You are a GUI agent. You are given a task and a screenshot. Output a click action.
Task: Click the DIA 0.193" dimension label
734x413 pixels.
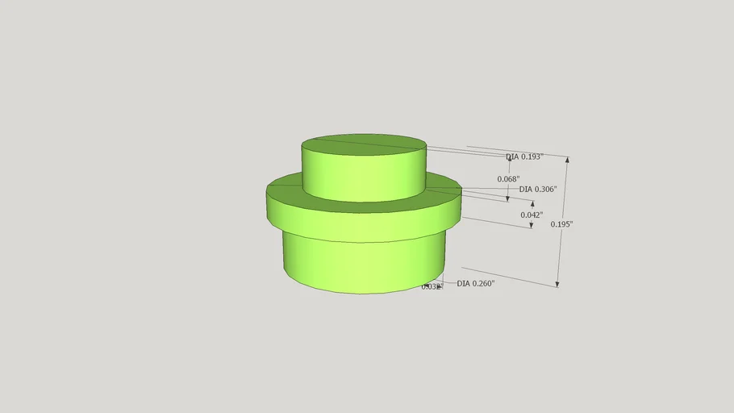coord(524,156)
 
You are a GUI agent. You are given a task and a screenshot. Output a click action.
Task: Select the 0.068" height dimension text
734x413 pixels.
coord(508,179)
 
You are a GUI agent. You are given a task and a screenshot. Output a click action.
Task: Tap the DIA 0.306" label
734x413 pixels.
coord(537,190)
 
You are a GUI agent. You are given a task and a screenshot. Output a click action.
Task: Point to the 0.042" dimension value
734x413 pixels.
coord(531,215)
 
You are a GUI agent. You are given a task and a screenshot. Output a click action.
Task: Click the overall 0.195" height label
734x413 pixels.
coord(561,224)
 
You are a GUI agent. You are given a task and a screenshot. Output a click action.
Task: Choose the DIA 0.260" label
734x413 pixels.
coord(475,284)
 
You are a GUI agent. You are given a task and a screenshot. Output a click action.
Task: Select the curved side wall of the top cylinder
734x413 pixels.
coord(363,179)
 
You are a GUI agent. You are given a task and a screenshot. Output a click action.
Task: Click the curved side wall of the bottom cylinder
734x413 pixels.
coord(363,266)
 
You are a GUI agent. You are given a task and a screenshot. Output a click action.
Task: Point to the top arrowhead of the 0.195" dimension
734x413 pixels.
coord(568,160)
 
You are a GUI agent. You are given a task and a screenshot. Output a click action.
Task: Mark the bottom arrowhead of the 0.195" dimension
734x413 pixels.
coord(557,283)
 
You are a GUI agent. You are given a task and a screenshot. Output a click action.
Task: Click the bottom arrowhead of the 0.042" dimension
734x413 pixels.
coord(532,225)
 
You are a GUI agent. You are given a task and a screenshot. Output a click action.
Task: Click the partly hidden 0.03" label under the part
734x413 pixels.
coord(431,286)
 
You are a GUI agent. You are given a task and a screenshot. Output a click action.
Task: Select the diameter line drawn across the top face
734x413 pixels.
coord(363,144)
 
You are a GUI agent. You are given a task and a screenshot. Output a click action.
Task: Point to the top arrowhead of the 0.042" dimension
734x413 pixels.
coord(532,203)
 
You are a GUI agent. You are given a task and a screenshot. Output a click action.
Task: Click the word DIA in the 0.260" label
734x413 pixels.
coord(464,284)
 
